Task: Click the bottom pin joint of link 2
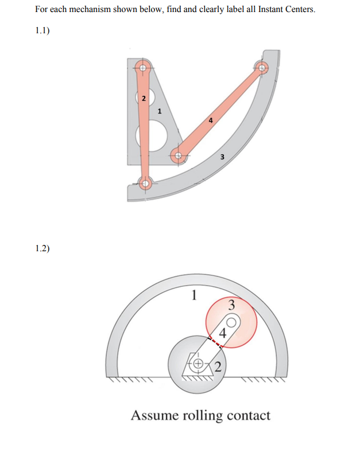click(x=145, y=184)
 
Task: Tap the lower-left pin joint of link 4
click(x=179, y=154)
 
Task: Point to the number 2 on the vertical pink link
click(x=144, y=98)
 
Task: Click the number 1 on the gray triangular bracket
click(x=160, y=110)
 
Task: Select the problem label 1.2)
click(x=42, y=248)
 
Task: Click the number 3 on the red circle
click(x=232, y=305)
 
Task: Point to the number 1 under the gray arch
click(x=194, y=295)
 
